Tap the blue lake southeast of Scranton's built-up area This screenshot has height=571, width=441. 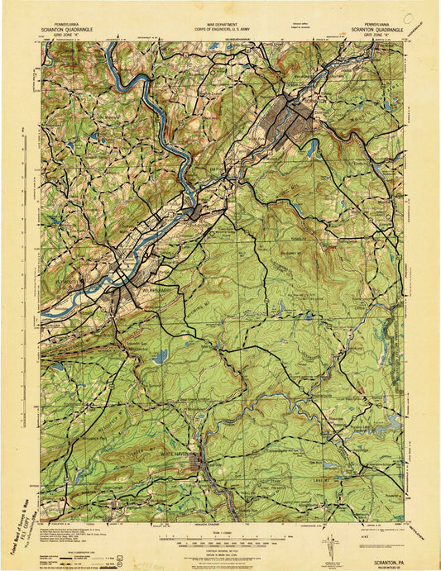point(312,150)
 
